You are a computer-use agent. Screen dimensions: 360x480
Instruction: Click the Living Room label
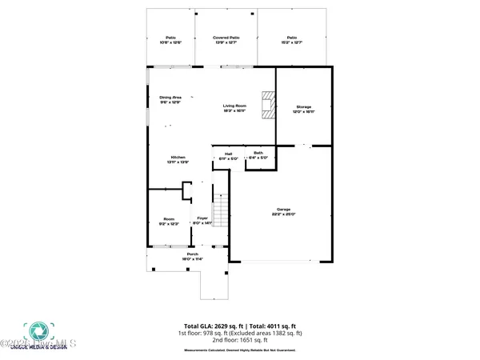[x=234, y=106]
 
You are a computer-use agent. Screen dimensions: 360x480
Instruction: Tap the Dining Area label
[x=170, y=97]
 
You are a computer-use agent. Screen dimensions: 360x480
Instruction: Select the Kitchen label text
[x=177, y=157]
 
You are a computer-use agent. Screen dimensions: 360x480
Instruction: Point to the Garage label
[x=283, y=209]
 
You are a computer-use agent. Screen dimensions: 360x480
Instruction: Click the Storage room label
[x=303, y=106]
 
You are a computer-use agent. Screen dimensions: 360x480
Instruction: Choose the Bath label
[x=258, y=153]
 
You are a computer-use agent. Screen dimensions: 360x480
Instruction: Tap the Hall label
[x=228, y=153]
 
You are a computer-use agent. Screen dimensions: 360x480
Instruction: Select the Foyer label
[x=202, y=218]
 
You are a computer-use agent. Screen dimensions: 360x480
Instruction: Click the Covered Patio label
[x=226, y=38]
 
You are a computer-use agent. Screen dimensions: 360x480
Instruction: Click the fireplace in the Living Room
[x=267, y=106]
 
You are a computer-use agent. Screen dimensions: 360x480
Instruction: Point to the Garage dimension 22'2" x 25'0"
[x=283, y=214]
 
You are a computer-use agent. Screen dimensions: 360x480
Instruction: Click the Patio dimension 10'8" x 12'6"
[x=170, y=42]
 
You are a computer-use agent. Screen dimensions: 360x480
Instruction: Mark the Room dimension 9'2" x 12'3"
[x=169, y=224]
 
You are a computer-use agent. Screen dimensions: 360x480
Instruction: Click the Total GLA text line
[x=240, y=326]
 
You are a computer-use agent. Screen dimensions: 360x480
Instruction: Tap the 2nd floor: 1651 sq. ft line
[x=240, y=340]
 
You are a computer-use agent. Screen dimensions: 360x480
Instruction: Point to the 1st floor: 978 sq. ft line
[x=240, y=334]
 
